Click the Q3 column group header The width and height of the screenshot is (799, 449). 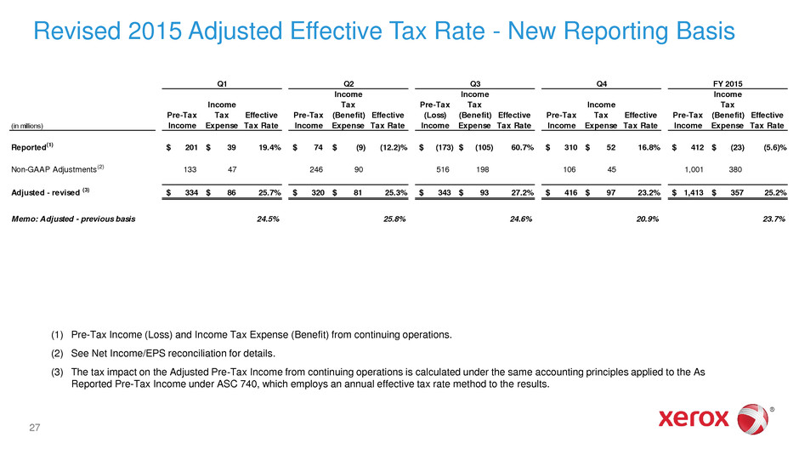pos(475,83)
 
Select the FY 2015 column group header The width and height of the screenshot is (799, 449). pos(727,83)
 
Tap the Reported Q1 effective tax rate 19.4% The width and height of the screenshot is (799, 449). pos(269,147)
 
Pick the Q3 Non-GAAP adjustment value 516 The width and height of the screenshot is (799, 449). pos(442,169)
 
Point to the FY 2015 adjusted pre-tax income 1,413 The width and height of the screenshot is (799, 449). pos(694,193)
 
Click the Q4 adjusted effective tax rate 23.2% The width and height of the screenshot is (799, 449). pos(649,193)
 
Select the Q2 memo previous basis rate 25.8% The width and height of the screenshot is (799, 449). pos(394,219)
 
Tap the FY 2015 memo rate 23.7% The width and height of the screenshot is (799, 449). pos(773,219)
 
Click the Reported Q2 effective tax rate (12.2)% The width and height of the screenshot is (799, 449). pos(394,147)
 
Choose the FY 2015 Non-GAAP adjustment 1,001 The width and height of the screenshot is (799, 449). pos(694,169)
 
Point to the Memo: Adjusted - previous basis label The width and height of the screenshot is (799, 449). pos(73,219)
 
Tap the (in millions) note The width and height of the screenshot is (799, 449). pos(27,126)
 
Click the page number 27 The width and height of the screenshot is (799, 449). pos(35,428)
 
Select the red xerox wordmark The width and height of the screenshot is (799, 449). pos(694,419)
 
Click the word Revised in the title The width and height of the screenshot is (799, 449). pos(77,31)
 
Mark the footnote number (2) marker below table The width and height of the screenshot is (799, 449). pos(57,354)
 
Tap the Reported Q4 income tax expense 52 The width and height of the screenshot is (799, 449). pos(611,147)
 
